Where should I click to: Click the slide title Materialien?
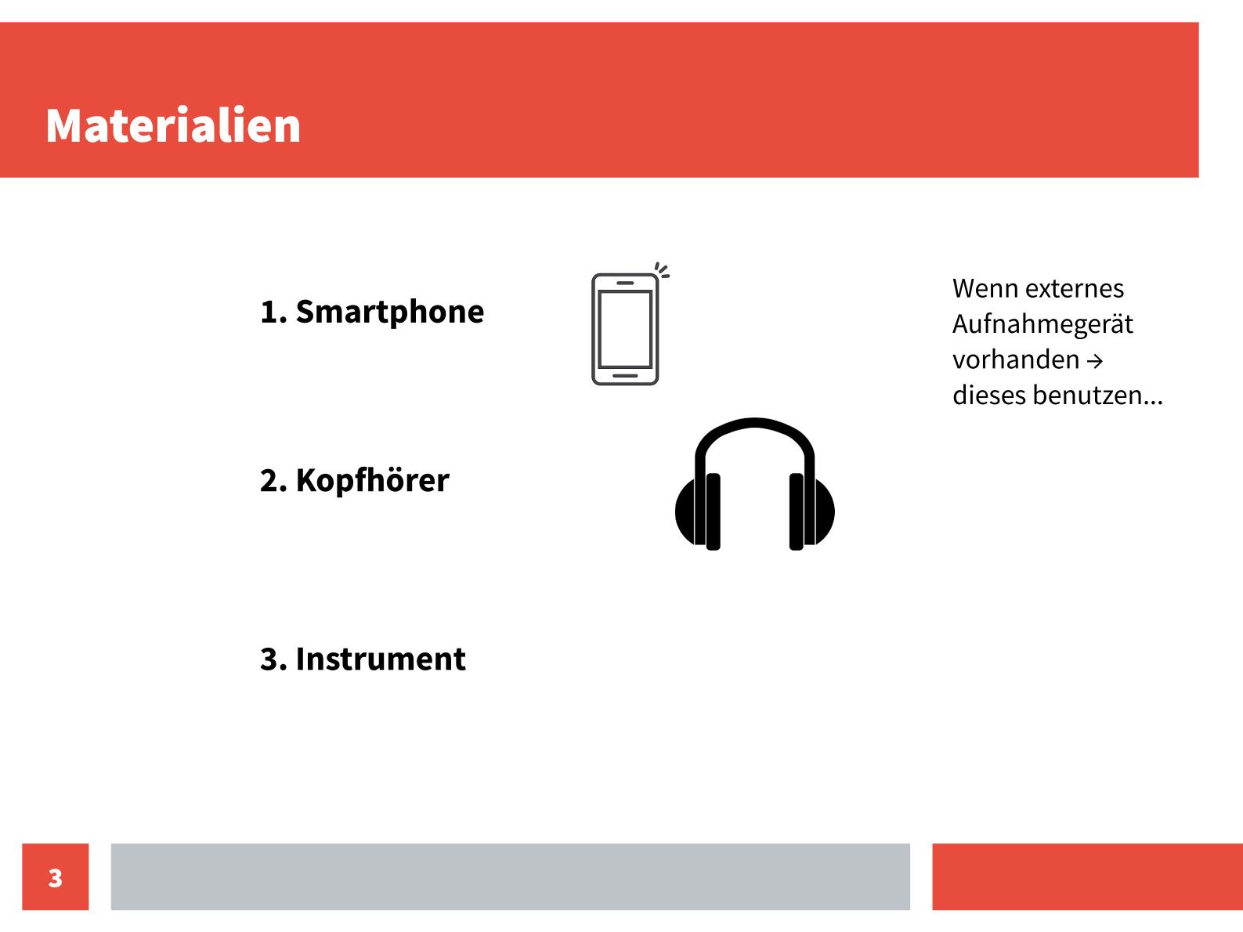[x=173, y=125]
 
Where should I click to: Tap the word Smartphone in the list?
[x=389, y=312]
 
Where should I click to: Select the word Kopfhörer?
[x=373, y=481]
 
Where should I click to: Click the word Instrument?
[x=381, y=659]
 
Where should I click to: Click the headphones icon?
[x=754, y=484]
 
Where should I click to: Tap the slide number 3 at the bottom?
[x=55, y=878]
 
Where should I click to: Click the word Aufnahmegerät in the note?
[x=1042, y=325]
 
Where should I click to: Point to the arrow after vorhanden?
[x=1095, y=361]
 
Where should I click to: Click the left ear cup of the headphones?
[x=698, y=511]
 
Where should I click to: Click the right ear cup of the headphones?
[x=812, y=511]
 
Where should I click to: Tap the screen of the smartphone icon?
[x=625, y=330]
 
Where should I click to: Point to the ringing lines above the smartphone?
[x=662, y=270]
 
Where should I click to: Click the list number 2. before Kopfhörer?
[x=273, y=481]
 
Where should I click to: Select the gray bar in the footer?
[x=510, y=876]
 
